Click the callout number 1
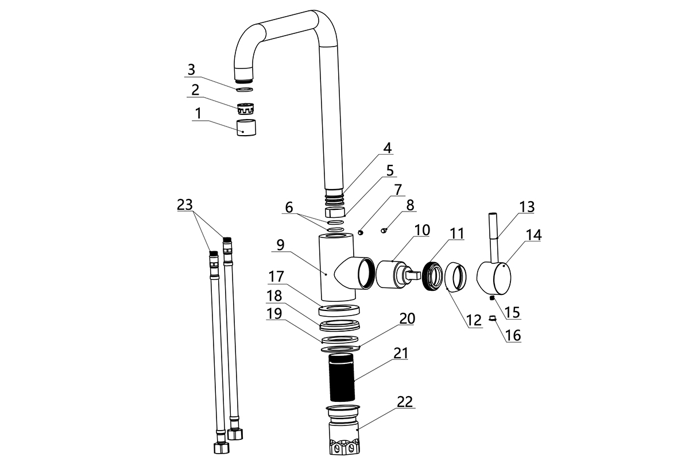[199, 113]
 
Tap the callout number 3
[191, 70]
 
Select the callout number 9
[280, 245]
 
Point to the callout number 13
[527, 207]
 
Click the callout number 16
[513, 335]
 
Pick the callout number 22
[405, 402]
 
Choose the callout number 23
[185, 205]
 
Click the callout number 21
[400, 353]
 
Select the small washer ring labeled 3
[245, 89]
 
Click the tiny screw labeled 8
[385, 231]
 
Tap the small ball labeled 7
[361, 232]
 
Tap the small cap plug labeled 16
[492, 318]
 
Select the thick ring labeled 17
[339, 311]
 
